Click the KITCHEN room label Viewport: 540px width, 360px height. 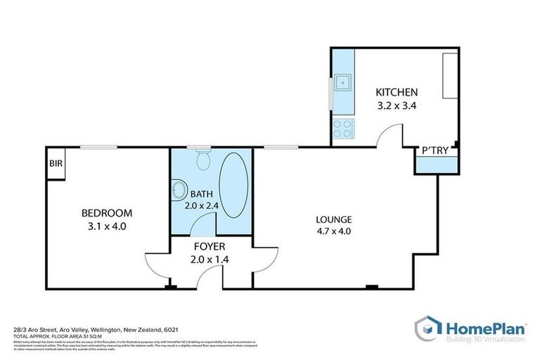click(397, 92)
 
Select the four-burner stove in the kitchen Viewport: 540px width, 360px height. click(343, 128)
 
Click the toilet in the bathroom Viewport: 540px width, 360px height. click(203, 161)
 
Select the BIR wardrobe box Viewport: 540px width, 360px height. click(55, 163)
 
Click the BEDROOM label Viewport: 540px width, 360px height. click(106, 213)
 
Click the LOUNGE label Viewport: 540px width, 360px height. click(333, 219)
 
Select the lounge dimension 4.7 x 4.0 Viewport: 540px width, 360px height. click(333, 231)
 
